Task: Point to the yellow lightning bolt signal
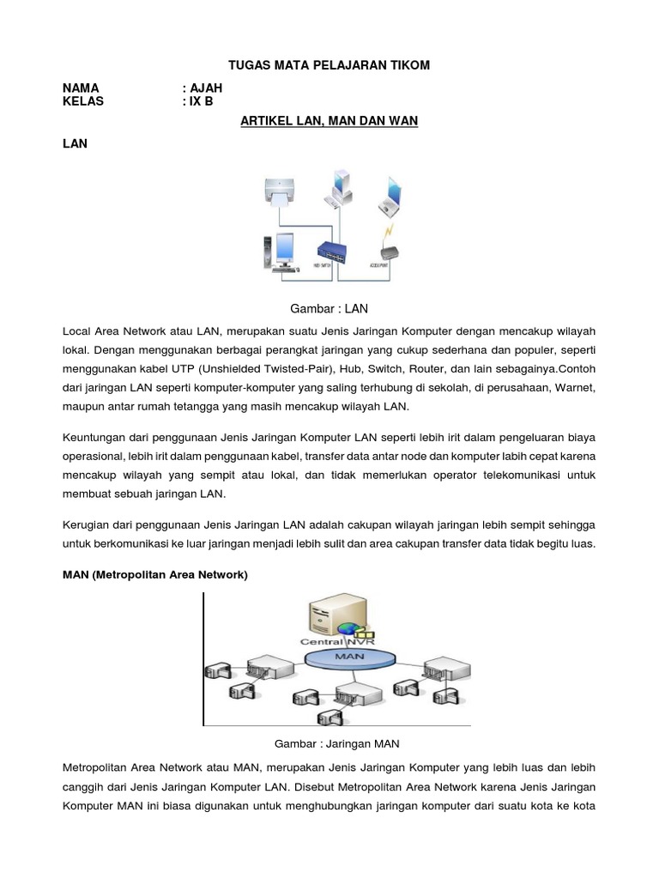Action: coord(390,233)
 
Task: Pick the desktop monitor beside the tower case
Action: coord(285,255)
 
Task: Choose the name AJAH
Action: coord(205,88)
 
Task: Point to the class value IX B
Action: coord(201,101)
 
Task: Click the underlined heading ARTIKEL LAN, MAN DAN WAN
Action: coord(329,122)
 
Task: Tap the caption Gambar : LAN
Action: coord(329,307)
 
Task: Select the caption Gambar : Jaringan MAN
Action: coord(336,743)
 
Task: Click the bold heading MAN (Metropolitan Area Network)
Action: coord(155,575)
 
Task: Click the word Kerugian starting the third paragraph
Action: coord(90,524)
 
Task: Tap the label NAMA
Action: coord(81,88)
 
